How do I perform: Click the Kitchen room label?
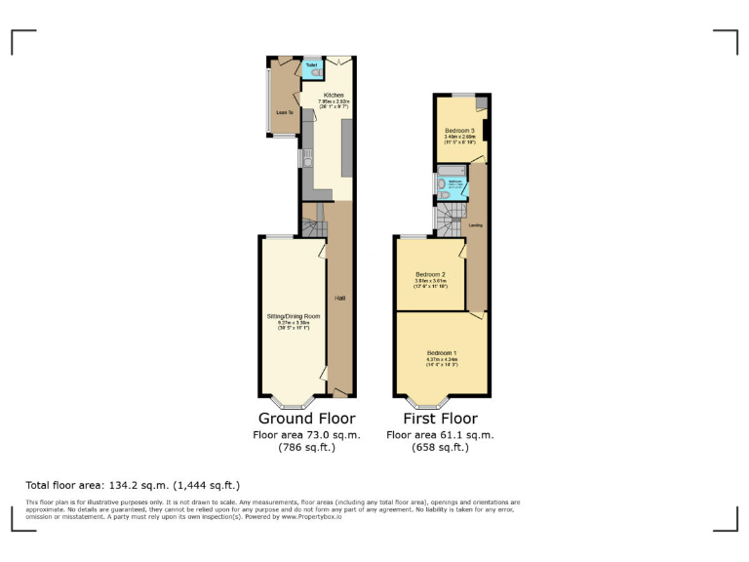[321, 95]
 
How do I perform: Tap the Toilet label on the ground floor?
[312, 64]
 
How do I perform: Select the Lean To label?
[285, 112]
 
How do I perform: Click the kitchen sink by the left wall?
[305, 160]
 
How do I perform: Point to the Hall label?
[339, 297]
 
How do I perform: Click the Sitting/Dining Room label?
[294, 317]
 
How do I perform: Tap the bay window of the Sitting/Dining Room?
[291, 401]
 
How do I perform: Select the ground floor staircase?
[311, 228]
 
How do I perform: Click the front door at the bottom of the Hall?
[339, 391]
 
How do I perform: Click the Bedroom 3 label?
[459, 130]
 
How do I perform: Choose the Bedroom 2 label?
[430, 274]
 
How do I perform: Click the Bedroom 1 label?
[441, 352]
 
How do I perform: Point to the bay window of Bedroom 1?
[429, 401]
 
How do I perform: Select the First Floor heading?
[440, 419]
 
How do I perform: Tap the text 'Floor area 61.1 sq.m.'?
[440, 435]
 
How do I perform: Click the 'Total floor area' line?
[133, 485]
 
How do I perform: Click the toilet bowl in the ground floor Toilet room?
[313, 73]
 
